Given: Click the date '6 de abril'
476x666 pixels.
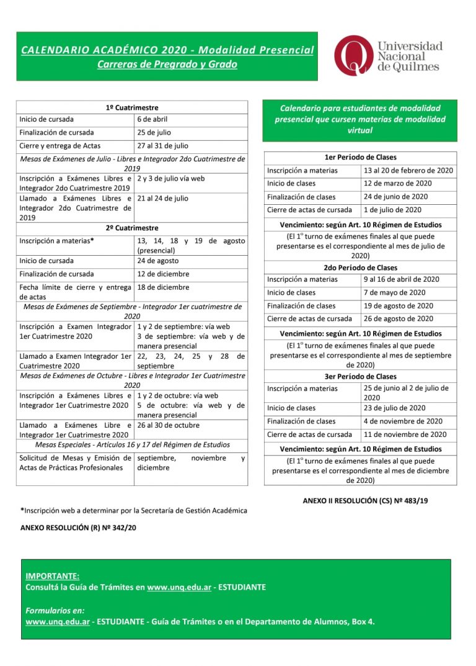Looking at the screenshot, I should click(x=152, y=119).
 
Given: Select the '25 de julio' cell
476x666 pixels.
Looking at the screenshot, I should click(x=154, y=132).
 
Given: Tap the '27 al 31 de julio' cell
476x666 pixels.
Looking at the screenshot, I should click(x=163, y=146).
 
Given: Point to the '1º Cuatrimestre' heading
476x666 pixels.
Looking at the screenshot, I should click(x=132, y=107).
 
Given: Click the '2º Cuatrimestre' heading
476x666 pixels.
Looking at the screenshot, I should click(x=132, y=228).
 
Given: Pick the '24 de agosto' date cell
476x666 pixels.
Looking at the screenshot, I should click(x=157, y=261).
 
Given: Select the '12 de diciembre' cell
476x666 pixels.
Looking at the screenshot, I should click(x=164, y=274).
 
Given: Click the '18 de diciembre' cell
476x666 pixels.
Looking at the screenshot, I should click(x=164, y=287).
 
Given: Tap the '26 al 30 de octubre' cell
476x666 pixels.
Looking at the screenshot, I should click(x=169, y=425).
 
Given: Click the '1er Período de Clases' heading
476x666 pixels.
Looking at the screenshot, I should click(x=360, y=158).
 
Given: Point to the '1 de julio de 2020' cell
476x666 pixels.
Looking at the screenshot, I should click(x=392, y=210).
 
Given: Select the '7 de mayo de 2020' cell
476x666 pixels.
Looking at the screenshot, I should click(x=394, y=292).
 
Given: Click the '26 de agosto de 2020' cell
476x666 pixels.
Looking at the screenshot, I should click(x=399, y=318).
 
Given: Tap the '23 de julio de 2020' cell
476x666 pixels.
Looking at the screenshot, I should click(x=394, y=408).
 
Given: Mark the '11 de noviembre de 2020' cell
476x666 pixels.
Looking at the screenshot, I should click(x=405, y=434).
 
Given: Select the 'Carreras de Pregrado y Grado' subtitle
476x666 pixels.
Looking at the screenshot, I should click(x=167, y=65).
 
